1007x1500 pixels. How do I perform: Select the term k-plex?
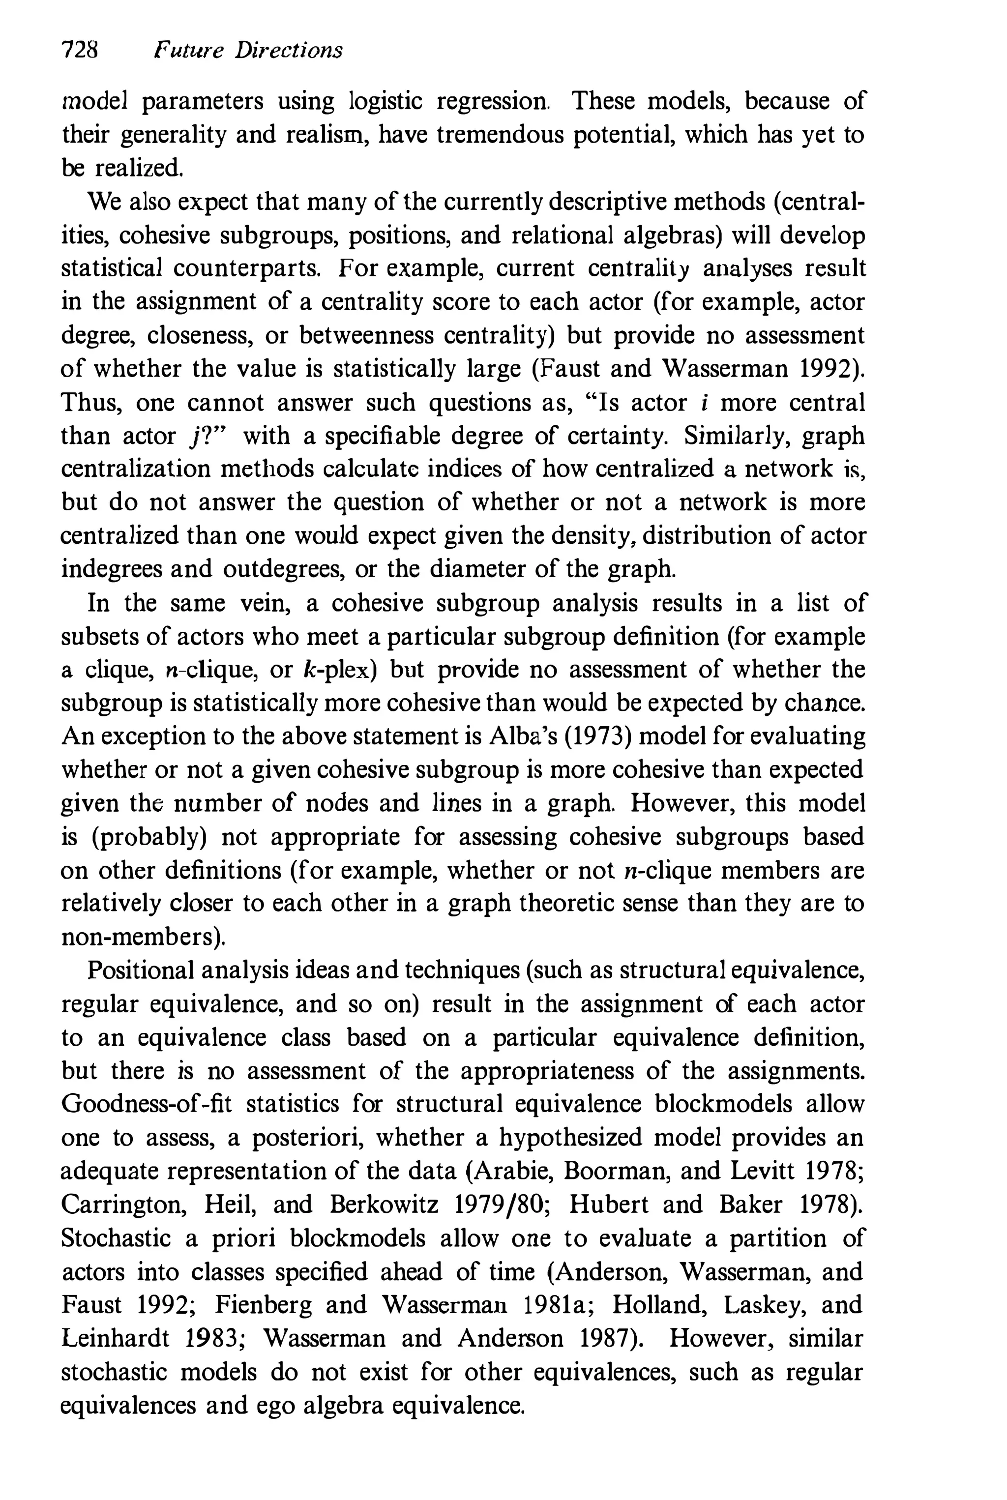338,670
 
